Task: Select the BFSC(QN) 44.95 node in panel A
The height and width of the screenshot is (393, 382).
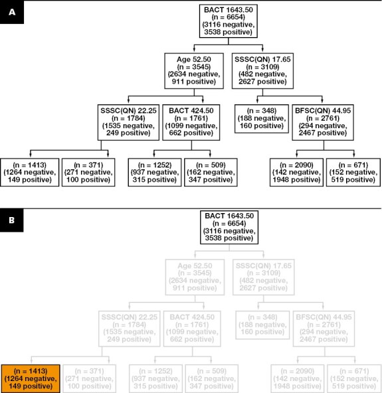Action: click(325, 120)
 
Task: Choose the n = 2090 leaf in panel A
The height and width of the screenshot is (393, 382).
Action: click(296, 172)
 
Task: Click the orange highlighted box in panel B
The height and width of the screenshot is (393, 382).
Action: click(31, 377)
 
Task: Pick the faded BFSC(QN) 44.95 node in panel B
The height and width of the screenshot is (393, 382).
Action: click(325, 327)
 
